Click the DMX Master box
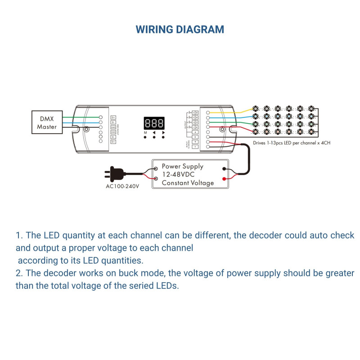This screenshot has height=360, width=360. click(47, 122)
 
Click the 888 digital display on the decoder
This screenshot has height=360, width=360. click(154, 123)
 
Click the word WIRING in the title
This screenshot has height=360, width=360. click(156, 30)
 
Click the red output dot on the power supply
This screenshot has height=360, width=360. click(224, 179)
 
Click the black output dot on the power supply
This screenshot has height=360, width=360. click(224, 170)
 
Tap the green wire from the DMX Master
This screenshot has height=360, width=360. click(81, 117)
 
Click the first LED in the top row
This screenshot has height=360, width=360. click(255, 109)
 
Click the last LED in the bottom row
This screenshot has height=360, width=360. click(311, 131)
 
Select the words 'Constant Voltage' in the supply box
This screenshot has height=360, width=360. click(188, 183)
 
